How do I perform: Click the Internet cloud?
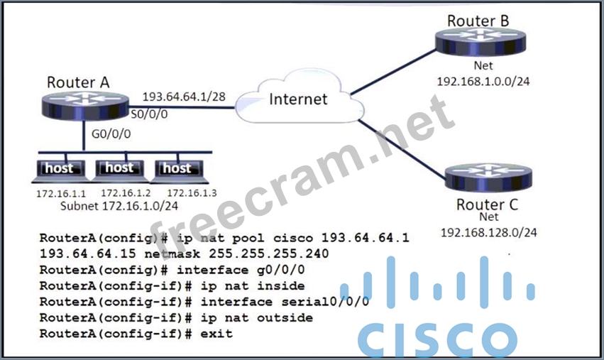(298, 99)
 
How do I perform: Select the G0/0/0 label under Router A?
(110, 132)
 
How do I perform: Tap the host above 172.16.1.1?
(59, 170)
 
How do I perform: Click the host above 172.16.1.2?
(119, 169)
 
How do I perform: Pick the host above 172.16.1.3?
(177, 170)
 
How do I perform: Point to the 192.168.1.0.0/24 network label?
(483, 81)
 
